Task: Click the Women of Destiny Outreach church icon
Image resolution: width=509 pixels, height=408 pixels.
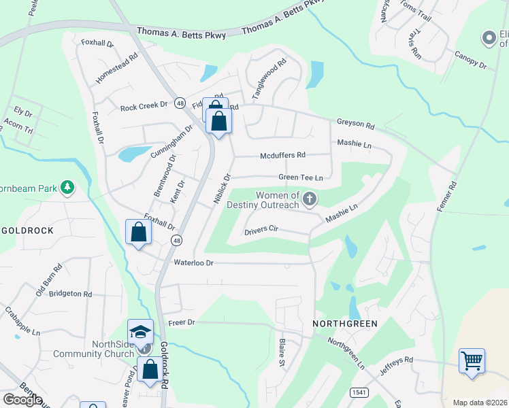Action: (310, 199)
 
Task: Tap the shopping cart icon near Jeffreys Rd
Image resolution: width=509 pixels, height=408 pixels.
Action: (472, 360)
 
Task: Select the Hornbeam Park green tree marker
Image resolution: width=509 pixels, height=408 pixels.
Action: (67, 186)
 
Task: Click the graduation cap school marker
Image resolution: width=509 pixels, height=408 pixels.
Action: (140, 330)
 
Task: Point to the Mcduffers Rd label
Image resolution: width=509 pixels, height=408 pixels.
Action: (283, 155)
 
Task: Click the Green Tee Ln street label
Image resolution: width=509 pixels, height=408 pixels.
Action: (300, 177)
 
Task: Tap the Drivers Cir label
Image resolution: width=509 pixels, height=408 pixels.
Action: (261, 230)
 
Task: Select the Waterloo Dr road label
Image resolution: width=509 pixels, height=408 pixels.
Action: (193, 262)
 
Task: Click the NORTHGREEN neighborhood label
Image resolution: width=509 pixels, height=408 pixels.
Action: (344, 323)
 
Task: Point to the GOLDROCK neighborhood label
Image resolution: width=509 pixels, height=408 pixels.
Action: (27, 231)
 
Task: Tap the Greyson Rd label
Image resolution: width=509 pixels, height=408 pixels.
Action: (356, 125)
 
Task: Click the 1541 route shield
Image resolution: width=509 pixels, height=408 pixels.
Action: (359, 392)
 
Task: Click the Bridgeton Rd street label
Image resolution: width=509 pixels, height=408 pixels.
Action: (69, 294)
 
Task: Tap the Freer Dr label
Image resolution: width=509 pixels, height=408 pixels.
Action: (181, 322)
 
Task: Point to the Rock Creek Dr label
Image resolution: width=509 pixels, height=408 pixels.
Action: (144, 106)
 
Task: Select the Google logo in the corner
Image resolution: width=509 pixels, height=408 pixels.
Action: (22, 400)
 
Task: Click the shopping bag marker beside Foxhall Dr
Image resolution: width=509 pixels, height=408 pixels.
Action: (139, 233)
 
